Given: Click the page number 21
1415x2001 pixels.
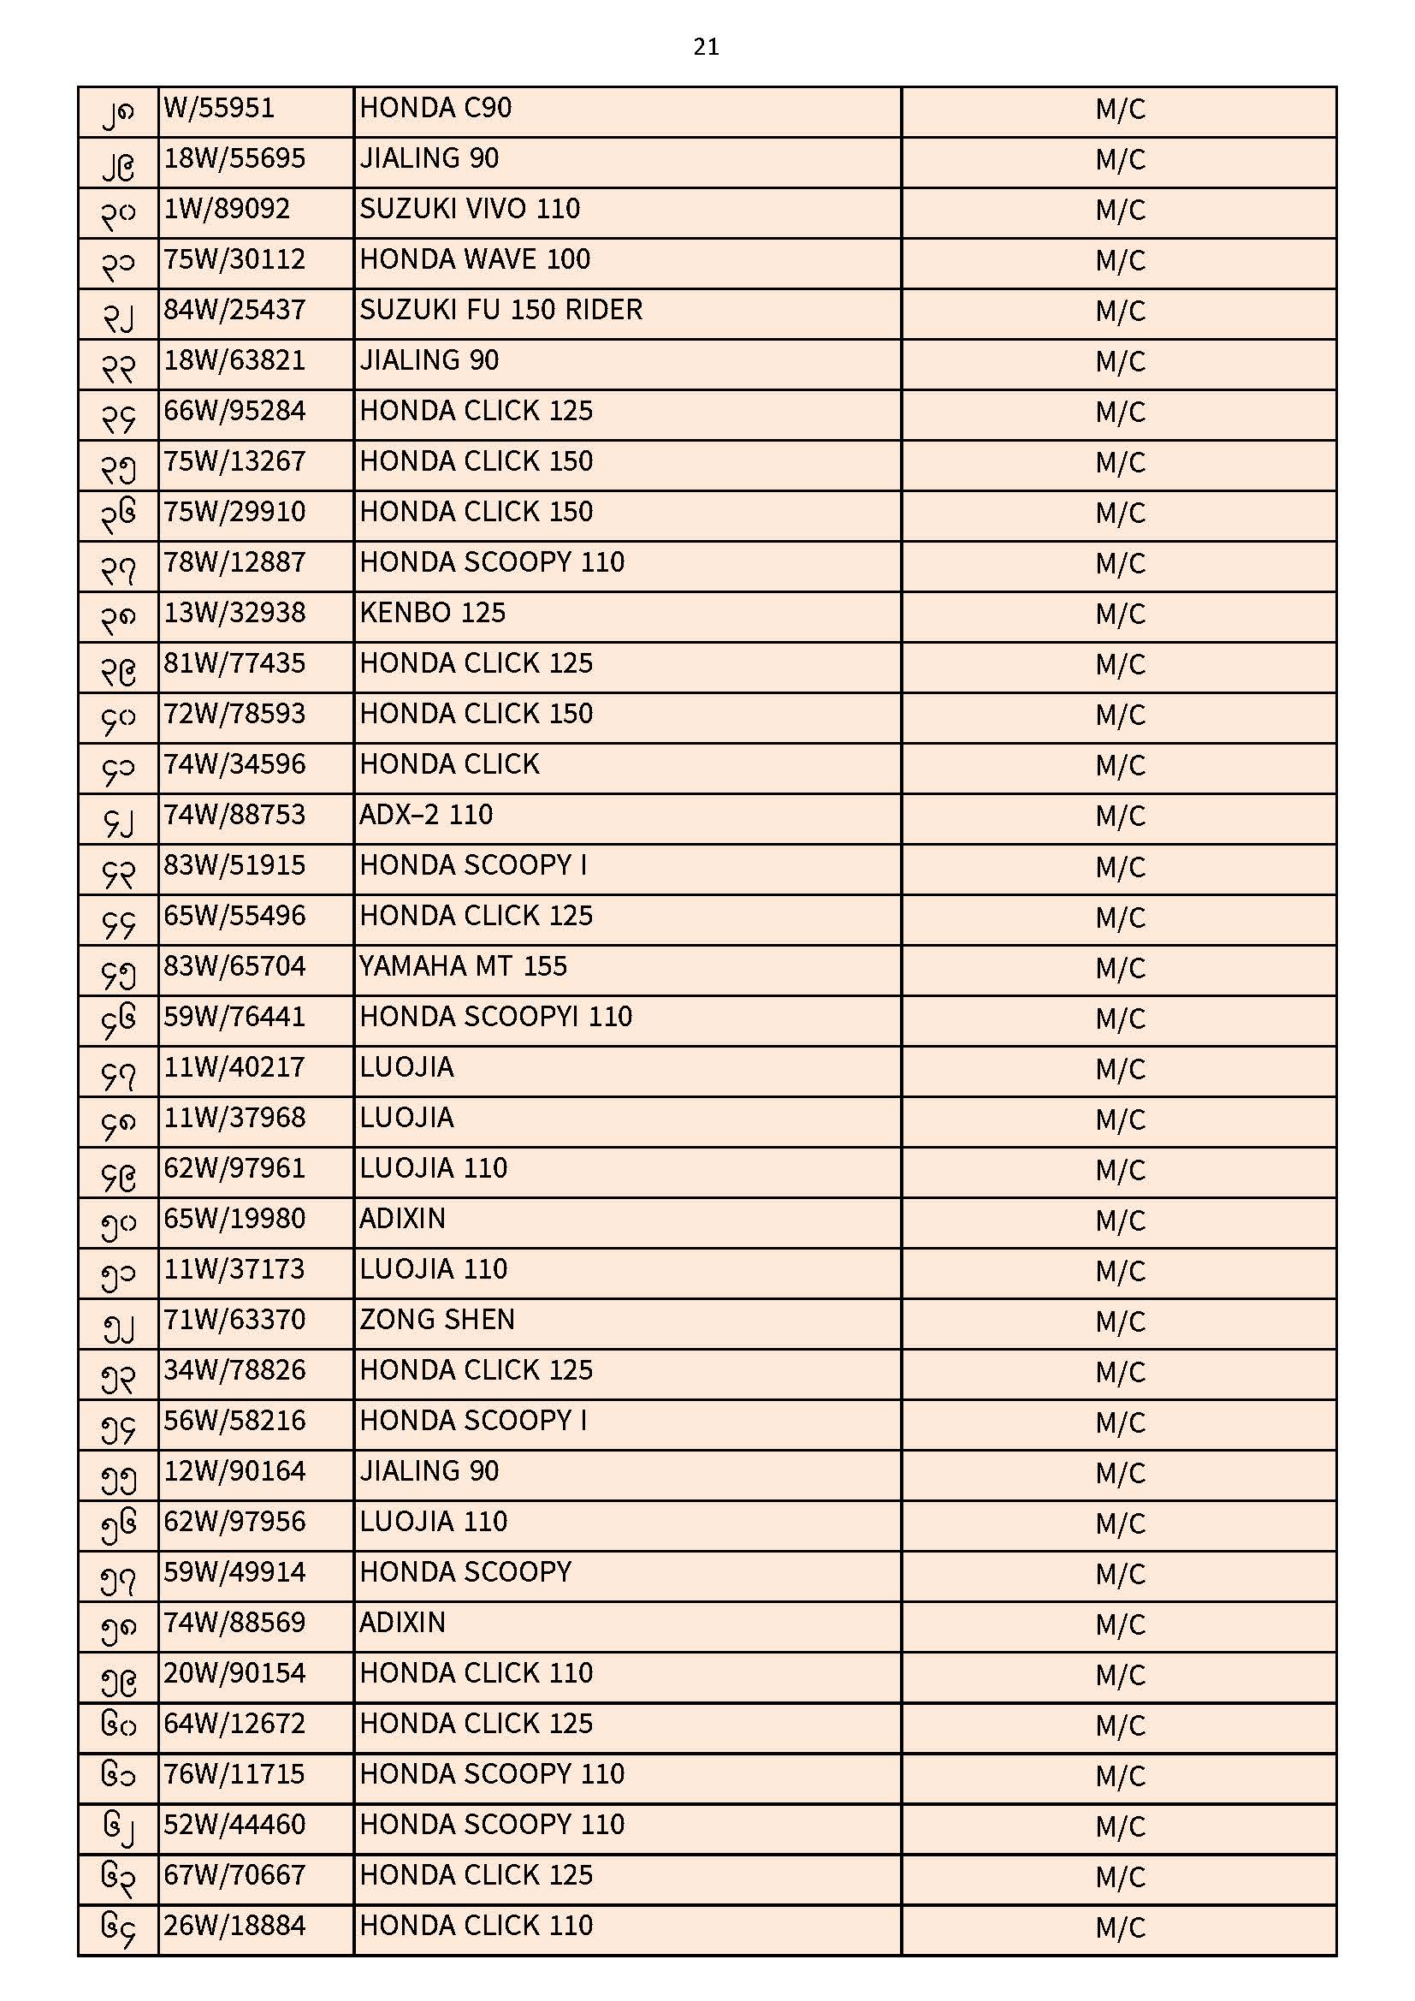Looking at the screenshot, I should click(706, 46).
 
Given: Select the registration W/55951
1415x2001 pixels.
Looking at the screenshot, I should click(219, 109).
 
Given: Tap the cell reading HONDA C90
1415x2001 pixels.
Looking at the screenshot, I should click(435, 109).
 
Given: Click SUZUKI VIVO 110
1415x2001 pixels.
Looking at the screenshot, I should click(470, 209).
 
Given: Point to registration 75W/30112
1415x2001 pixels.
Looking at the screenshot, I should click(234, 259).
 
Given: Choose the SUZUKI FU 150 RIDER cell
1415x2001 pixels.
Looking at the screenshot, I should click(501, 311).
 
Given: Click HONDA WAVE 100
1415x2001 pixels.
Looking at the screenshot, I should click(475, 259).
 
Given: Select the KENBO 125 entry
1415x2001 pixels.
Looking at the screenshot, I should click(432, 614).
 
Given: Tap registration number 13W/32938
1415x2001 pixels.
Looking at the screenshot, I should click(234, 614).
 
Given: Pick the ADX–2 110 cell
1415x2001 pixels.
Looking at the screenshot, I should click(426, 816).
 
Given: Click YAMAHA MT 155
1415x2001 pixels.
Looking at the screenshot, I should click(463, 967).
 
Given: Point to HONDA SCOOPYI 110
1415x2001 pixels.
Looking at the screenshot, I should click(496, 1018).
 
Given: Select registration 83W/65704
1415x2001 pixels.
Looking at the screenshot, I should click(234, 967).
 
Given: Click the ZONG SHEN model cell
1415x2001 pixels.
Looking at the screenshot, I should click(436, 1321).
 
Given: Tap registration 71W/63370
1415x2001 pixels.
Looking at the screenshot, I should click(234, 1321).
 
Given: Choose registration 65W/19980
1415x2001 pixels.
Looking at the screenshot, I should click(234, 1220).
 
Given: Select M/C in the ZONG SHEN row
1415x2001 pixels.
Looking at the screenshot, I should click(1120, 1322).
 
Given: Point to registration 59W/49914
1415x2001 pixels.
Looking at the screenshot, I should click(234, 1573).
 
